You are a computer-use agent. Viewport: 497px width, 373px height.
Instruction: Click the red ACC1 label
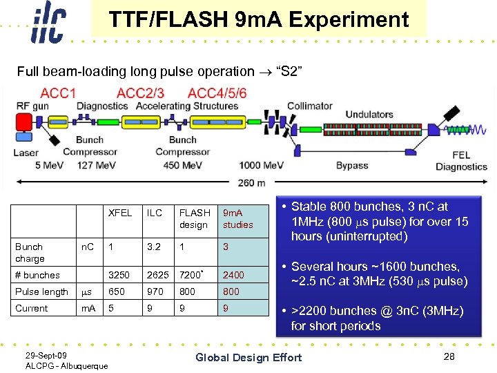(59, 93)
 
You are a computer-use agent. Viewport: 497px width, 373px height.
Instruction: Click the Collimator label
(309, 106)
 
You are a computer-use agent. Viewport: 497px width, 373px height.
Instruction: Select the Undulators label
(369, 115)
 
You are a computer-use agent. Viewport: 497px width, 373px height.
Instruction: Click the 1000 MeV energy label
(262, 166)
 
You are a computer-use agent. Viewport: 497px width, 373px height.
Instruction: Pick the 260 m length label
(251, 182)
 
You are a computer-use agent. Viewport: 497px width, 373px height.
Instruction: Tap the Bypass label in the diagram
(352, 166)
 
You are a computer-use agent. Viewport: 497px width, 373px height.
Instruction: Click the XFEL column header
(120, 213)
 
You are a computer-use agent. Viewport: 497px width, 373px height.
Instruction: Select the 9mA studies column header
(237, 218)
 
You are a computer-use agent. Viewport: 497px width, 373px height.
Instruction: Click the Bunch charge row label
(30, 252)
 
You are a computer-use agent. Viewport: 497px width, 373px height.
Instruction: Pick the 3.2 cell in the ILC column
(154, 247)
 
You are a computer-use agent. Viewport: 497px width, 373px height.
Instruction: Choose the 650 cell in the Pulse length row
(117, 291)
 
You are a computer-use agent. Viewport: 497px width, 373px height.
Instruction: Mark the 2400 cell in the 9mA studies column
(233, 275)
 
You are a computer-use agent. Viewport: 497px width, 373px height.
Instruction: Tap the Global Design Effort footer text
(248, 357)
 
